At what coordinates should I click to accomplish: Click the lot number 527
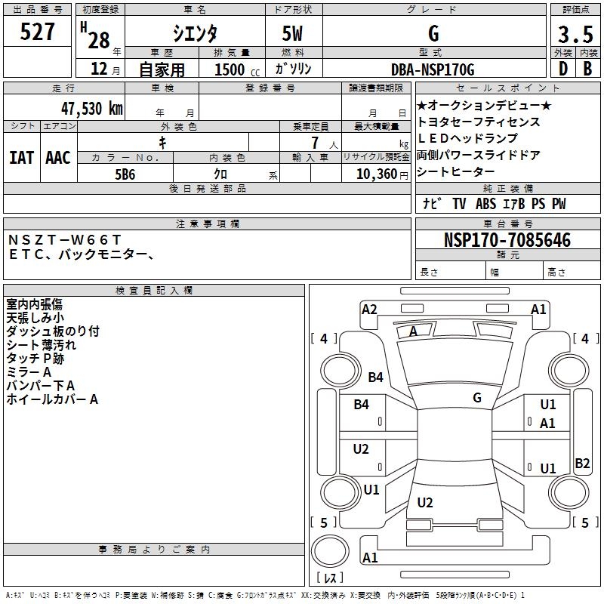pos(39,32)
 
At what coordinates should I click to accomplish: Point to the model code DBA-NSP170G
pos(433,69)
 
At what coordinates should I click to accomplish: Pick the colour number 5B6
pos(125,173)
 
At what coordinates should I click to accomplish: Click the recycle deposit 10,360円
pos(375,173)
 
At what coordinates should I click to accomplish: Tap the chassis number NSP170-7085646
pos(507,240)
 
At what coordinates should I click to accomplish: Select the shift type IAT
pos(21,157)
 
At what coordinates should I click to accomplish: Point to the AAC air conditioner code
pos(57,157)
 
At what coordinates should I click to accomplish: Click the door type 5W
pos(293,35)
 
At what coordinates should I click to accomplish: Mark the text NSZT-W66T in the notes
pos(63,239)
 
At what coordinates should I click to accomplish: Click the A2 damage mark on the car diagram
pos(369,309)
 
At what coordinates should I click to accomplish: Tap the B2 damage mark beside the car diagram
pos(582,464)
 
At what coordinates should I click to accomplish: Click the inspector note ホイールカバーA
pos(52,399)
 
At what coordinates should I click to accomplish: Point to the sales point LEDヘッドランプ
pos(467,138)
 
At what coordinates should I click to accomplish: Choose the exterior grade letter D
pos(562,69)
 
